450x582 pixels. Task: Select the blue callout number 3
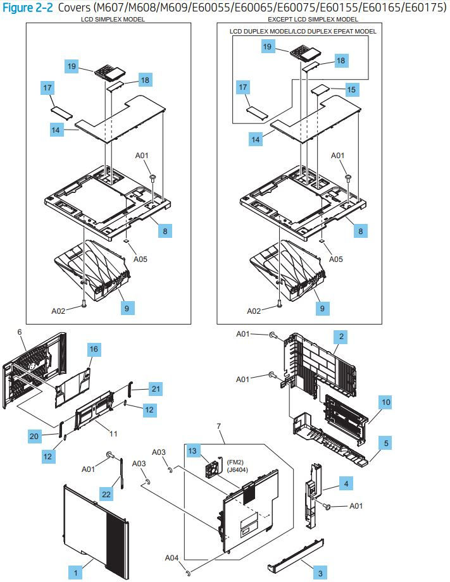coord(320,573)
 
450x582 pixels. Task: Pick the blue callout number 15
coord(352,90)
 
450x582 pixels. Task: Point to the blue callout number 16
coord(94,349)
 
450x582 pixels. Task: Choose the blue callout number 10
coord(385,401)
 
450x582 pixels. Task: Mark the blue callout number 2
coord(341,337)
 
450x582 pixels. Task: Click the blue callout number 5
coord(385,442)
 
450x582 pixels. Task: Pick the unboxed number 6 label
coord(20,331)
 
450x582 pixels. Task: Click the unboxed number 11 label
coord(115,434)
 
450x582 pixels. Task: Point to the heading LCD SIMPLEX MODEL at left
coord(113,19)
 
